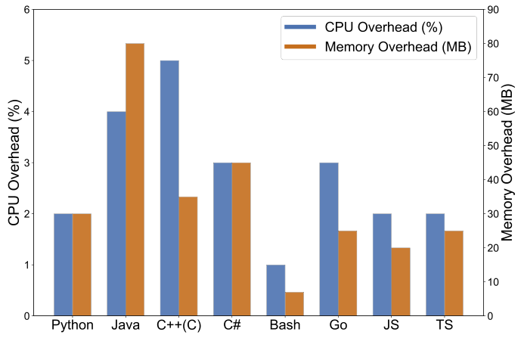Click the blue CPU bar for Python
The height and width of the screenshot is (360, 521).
(x=64, y=265)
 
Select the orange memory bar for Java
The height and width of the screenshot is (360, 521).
(x=135, y=179)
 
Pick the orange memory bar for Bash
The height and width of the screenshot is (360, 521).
(x=294, y=304)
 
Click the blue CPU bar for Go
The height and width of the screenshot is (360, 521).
(x=329, y=239)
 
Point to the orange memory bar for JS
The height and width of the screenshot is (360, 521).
(x=401, y=281)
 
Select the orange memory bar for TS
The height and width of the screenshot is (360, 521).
(x=454, y=273)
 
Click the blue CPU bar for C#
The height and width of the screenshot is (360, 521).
(x=222, y=239)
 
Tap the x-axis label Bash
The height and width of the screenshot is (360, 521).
(x=285, y=326)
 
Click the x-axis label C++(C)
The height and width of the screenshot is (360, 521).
(x=178, y=326)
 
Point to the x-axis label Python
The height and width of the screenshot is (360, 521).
(x=73, y=326)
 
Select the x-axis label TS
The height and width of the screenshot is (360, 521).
(x=445, y=326)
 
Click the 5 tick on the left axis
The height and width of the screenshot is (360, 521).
(x=27, y=61)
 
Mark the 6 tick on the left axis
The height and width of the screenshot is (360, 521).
(x=27, y=10)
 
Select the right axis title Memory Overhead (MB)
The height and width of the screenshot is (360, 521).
(x=509, y=163)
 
